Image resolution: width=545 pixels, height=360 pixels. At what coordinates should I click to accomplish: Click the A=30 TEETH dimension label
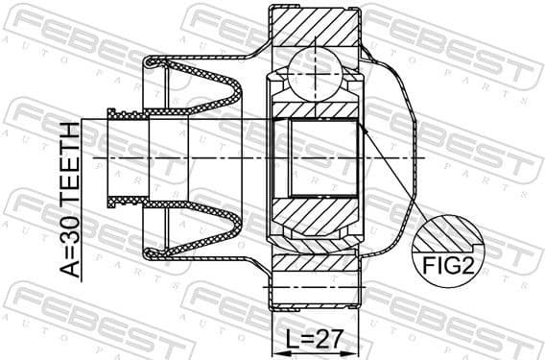tap(70, 199)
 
